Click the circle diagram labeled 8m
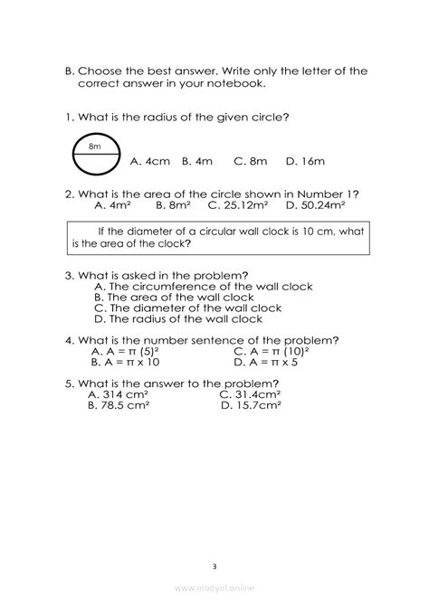[x=95, y=156]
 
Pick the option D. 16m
[x=305, y=163]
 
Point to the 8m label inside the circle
[x=95, y=146]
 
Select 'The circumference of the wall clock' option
[x=203, y=286]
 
